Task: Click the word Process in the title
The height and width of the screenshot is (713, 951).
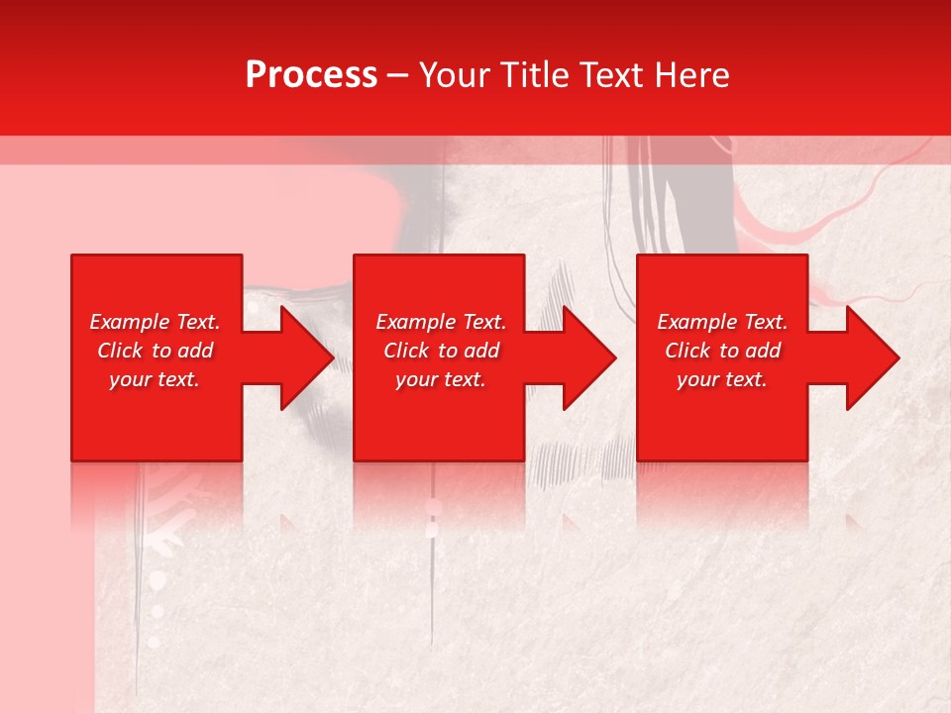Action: click(311, 75)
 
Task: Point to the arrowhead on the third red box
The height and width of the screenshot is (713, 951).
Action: click(871, 357)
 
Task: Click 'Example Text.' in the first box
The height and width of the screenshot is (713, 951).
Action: click(155, 322)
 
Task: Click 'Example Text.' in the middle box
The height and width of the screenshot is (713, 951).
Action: click(441, 322)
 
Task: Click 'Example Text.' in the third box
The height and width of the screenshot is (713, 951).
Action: click(722, 322)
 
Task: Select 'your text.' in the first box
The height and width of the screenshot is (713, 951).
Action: click(155, 379)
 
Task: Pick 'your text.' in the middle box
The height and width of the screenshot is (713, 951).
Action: click(441, 379)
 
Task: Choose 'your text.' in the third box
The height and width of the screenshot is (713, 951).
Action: click(722, 379)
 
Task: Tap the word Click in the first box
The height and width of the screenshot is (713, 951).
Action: click(120, 351)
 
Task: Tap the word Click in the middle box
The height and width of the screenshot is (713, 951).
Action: click(406, 351)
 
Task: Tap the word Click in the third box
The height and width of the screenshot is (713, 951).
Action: click(687, 351)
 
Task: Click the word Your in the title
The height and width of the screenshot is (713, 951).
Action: click(452, 75)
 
